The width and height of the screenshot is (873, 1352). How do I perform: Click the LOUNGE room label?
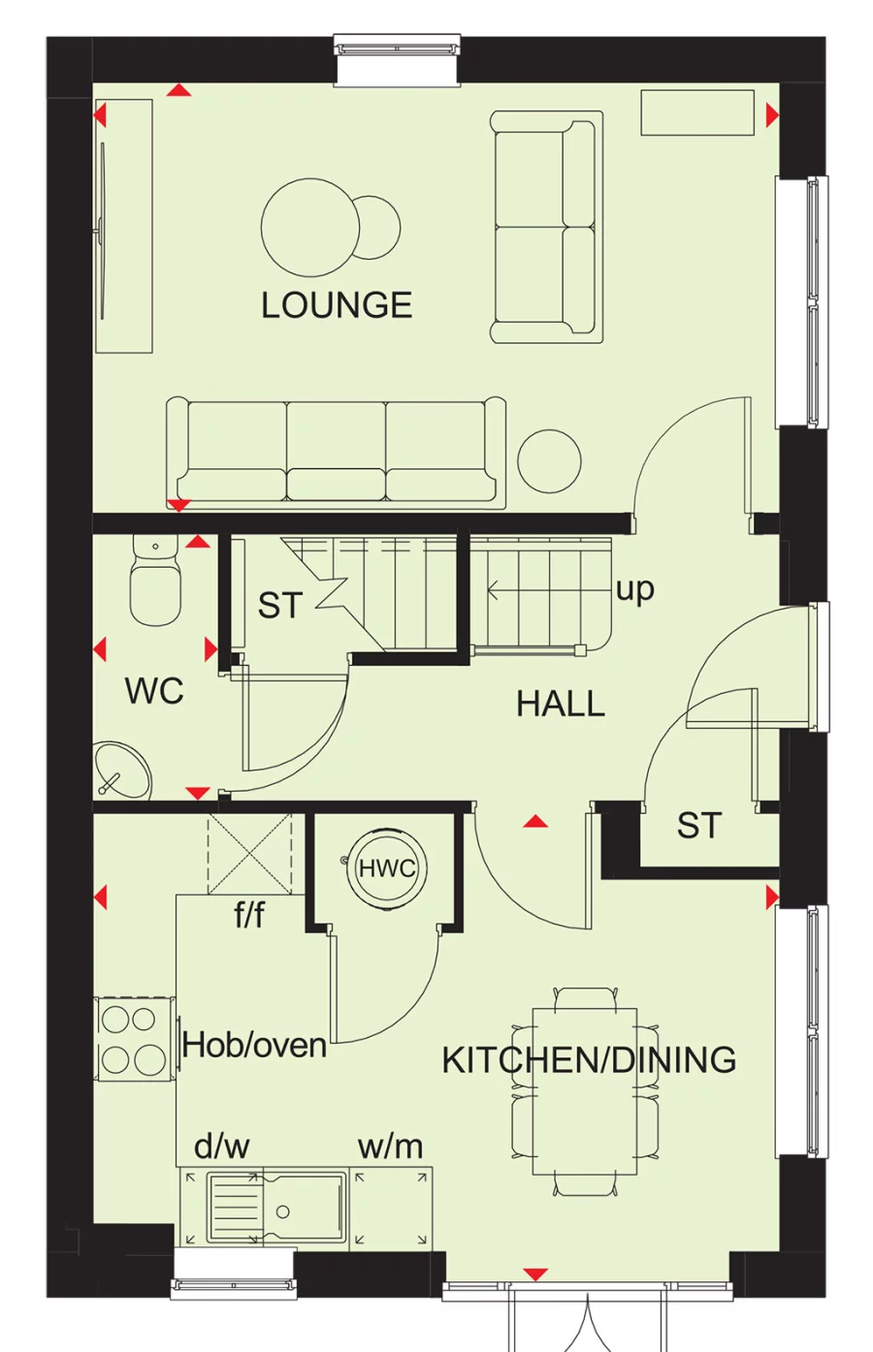point(337,305)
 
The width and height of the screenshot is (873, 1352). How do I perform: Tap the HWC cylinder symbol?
point(387,868)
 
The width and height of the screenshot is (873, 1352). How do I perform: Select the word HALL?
point(561,704)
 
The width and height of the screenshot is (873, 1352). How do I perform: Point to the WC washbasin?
point(122,771)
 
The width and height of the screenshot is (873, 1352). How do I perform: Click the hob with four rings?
point(130,1039)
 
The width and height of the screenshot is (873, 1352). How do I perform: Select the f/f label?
point(249,914)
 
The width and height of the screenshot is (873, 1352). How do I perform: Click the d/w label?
point(222,1147)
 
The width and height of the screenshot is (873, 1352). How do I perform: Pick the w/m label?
point(390,1147)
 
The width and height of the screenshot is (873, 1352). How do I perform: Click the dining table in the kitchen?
point(585,1090)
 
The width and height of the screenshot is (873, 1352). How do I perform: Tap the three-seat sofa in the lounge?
point(336,452)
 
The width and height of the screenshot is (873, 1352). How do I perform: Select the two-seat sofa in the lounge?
point(545,228)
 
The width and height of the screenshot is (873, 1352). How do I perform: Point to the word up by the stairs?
point(635,588)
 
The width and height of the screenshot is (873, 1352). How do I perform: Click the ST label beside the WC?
point(280,606)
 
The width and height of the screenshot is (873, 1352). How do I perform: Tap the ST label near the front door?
point(699,826)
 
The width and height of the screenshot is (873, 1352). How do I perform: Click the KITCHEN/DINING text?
point(589,1059)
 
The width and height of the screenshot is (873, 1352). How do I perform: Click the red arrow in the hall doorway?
point(535,822)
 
